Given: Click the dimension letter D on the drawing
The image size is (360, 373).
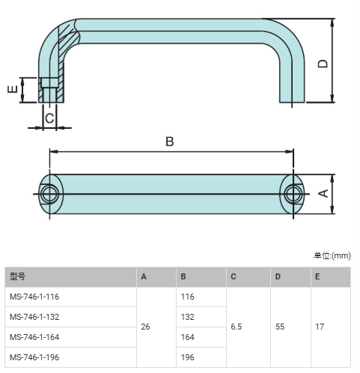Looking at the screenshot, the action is (x=323, y=64).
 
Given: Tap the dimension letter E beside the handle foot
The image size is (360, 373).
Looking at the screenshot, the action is (x=13, y=89).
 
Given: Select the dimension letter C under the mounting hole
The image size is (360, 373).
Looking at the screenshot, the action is (x=49, y=118).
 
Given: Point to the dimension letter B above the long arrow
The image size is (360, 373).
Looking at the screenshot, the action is (x=170, y=142).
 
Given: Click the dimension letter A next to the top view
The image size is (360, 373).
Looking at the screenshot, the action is (x=323, y=193).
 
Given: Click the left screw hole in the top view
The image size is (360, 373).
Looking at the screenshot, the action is (x=50, y=194).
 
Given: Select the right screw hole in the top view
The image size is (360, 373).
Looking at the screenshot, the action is (x=293, y=194).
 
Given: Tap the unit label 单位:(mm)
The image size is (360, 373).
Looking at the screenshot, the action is (x=332, y=255).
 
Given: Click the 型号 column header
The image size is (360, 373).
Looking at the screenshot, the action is (x=17, y=276).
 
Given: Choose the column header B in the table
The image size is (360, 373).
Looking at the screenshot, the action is (x=183, y=276).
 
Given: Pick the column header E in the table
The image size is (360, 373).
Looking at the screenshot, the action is (x=317, y=276).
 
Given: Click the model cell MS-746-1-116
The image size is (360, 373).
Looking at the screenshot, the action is (x=34, y=297).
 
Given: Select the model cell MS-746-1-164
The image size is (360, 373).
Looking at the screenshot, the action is (x=34, y=337).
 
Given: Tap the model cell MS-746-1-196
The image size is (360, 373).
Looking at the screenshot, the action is (x=34, y=357).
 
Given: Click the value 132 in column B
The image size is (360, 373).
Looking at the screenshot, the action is (x=188, y=317).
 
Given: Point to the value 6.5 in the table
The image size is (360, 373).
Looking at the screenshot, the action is (x=237, y=327).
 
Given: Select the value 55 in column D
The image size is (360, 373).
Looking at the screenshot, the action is (x=280, y=327).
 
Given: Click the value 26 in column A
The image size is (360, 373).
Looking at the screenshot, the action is (x=145, y=327).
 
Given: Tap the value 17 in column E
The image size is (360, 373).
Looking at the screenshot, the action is (x=320, y=327).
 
